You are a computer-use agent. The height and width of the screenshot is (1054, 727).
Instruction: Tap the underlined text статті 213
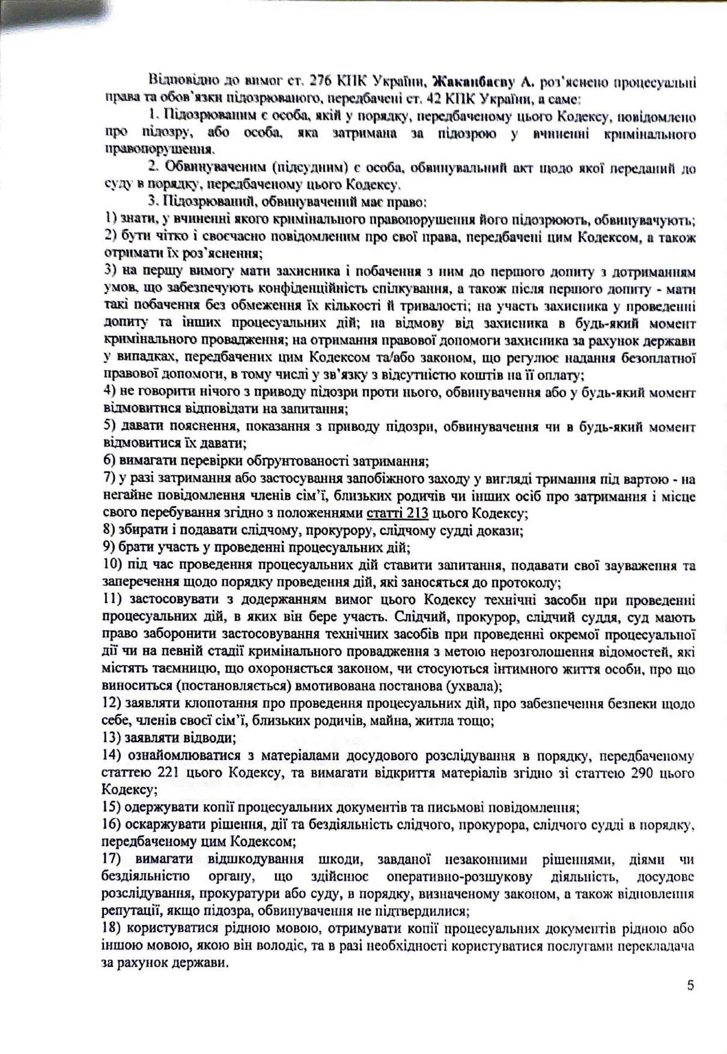point(397,513)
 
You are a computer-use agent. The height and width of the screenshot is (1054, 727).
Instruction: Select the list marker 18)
point(111,928)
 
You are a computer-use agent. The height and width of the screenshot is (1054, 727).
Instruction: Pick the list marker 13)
point(112,737)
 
